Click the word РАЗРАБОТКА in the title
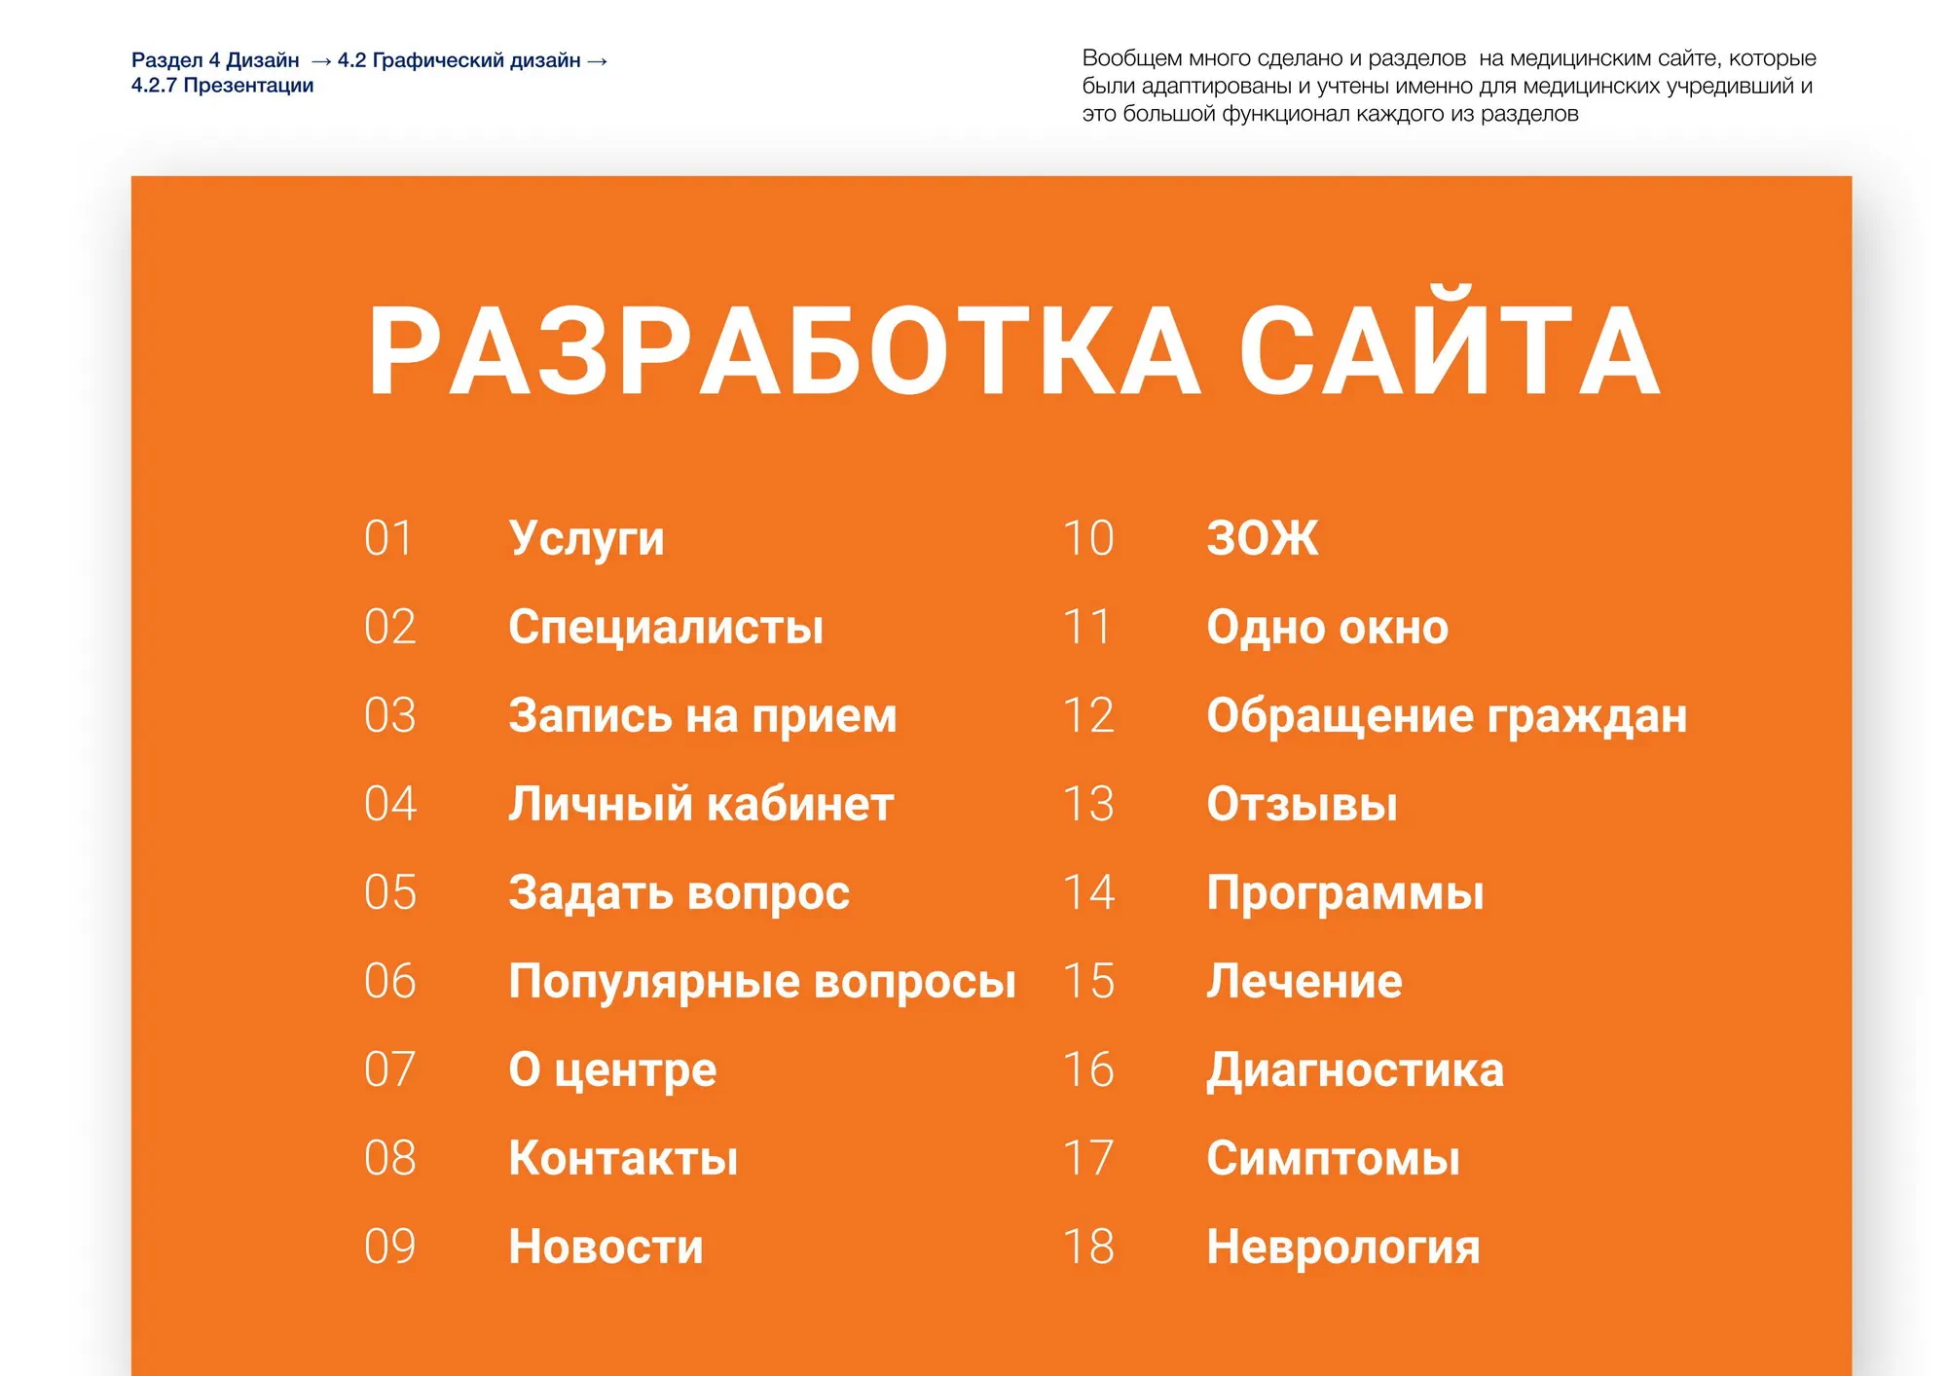(x=784, y=351)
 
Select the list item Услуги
(x=586, y=540)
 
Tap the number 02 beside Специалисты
(x=389, y=627)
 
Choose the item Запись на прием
(x=702, y=717)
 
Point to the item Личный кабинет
(x=701, y=804)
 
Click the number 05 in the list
(x=389, y=892)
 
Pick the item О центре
(x=612, y=1070)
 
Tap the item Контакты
(x=623, y=1158)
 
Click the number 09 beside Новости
(x=389, y=1247)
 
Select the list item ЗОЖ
(x=1263, y=538)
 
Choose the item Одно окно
(x=1327, y=628)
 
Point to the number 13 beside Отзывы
(x=1088, y=804)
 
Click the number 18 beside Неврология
(x=1088, y=1247)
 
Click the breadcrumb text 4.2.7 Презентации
(x=222, y=86)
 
